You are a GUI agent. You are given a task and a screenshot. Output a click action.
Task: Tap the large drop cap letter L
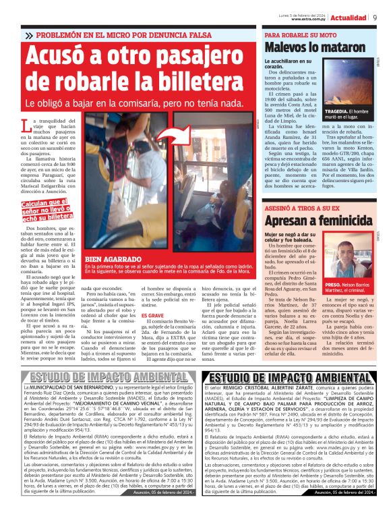[27, 128]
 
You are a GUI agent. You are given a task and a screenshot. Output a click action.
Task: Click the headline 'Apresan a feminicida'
[321, 220]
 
